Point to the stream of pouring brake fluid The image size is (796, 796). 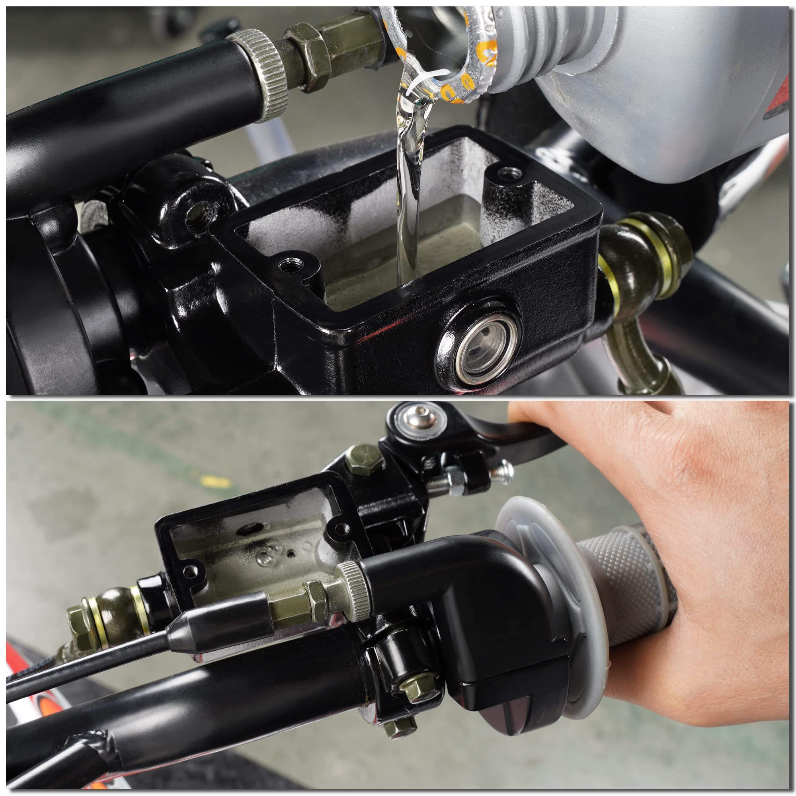point(408,214)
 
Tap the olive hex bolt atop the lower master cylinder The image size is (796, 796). point(363,457)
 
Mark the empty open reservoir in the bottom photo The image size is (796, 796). point(251,548)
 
